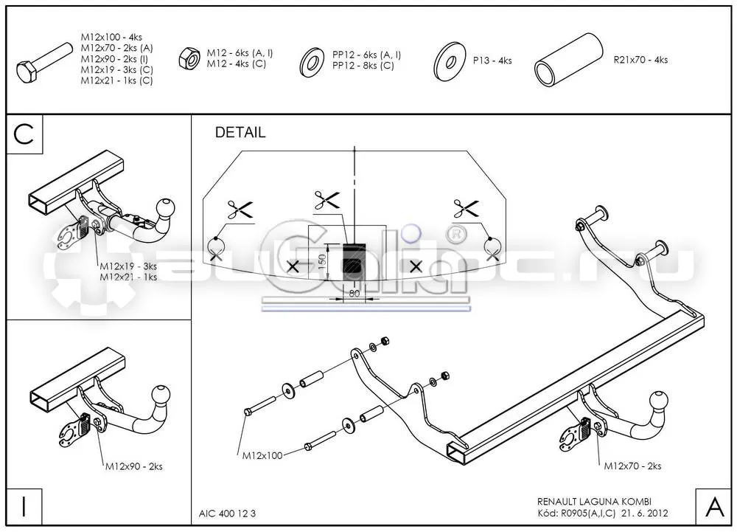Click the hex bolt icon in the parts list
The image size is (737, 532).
pyautogui.click(x=45, y=63)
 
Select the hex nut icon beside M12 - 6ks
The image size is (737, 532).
pyautogui.click(x=189, y=58)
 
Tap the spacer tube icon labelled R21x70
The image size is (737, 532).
pyautogui.click(x=569, y=60)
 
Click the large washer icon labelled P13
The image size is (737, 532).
pyautogui.click(x=450, y=61)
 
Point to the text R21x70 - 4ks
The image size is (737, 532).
pyautogui.click(x=640, y=60)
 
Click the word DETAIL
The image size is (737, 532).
pyautogui.click(x=240, y=132)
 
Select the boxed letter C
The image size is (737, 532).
pyautogui.click(x=24, y=134)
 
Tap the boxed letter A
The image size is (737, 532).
pyautogui.click(x=714, y=507)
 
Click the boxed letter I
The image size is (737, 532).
pyautogui.click(x=24, y=507)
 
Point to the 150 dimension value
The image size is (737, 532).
pyautogui.click(x=322, y=262)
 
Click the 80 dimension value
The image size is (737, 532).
pyautogui.click(x=354, y=293)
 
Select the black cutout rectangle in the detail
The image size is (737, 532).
pyautogui.click(x=354, y=263)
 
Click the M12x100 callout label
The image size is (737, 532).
pyautogui.click(x=262, y=455)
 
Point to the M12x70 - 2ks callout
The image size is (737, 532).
pyautogui.click(x=632, y=466)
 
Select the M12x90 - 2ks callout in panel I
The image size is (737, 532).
pyautogui.click(x=133, y=466)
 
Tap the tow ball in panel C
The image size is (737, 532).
pyautogui.click(x=165, y=207)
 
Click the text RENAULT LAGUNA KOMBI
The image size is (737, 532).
pyautogui.click(x=594, y=502)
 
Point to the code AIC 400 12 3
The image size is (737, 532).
pyautogui.click(x=228, y=514)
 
